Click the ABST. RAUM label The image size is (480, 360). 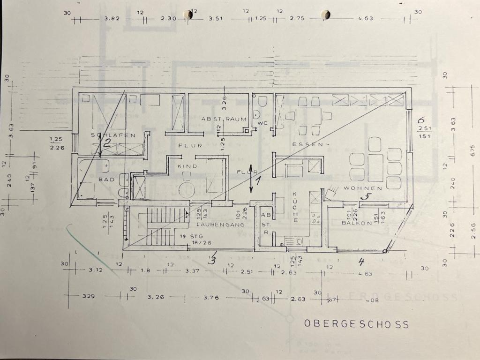coord(224,119)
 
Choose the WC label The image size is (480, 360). coord(262,123)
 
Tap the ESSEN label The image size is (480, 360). coord(307,144)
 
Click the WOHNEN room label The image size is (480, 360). coord(363,187)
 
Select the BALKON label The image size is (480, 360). coord(356,223)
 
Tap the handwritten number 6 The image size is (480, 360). coord(421,120)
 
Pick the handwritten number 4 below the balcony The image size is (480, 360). coord(361,261)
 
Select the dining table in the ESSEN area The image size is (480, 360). coord(309,115)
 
